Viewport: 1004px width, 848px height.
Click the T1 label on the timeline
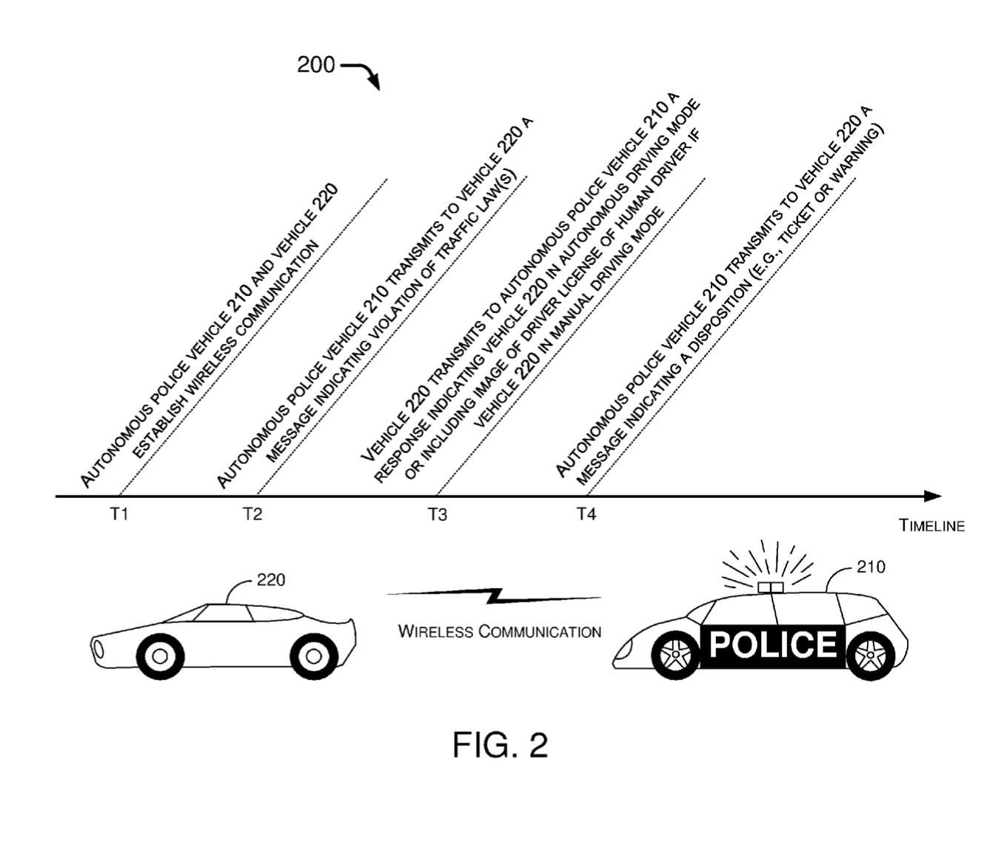pos(119,514)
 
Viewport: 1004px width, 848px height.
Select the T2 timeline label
pos(252,514)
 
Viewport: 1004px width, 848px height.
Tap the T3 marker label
pos(437,515)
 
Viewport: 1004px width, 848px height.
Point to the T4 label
pos(586,514)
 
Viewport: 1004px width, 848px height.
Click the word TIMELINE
pos(931,526)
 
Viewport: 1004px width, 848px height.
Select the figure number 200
pos(315,65)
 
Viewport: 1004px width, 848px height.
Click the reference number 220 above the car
pos(271,580)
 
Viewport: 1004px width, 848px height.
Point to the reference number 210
pos(871,567)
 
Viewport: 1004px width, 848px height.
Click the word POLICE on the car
pos(772,645)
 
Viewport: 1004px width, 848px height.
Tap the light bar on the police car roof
pos(771,587)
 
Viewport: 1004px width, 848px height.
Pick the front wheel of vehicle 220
pos(159,656)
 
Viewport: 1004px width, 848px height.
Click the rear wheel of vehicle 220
pos(314,656)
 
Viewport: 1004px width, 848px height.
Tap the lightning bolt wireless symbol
pos(495,595)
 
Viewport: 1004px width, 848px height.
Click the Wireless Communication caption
pos(500,632)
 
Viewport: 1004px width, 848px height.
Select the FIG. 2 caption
pos(501,744)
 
